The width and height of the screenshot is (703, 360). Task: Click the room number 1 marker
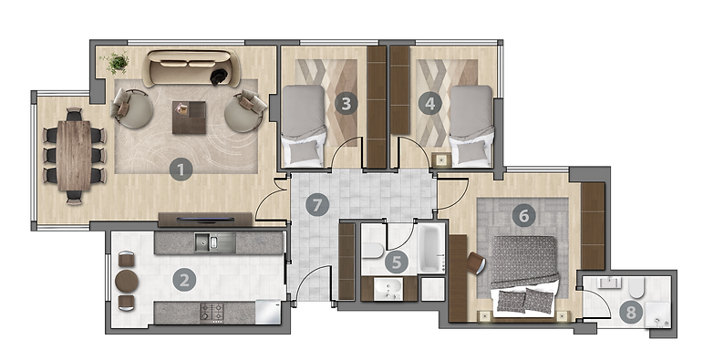click(x=181, y=170)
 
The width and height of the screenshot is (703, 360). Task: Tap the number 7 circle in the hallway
click(x=317, y=205)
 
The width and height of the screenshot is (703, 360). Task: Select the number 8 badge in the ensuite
click(x=631, y=313)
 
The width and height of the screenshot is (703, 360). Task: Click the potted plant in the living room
click(x=117, y=62)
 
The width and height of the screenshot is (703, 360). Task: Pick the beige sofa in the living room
click(x=191, y=67)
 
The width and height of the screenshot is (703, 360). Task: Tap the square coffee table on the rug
click(x=190, y=118)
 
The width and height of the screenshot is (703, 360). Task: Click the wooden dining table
click(x=74, y=156)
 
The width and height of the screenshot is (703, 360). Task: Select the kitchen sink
click(x=215, y=242)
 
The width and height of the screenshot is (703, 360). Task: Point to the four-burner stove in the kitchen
click(x=212, y=313)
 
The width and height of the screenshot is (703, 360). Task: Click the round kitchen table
click(x=127, y=282)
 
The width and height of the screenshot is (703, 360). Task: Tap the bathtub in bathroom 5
click(x=432, y=248)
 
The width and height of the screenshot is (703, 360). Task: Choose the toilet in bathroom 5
click(x=373, y=250)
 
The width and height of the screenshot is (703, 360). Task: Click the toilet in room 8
click(x=636, y=287)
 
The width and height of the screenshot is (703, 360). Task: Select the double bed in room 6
click(x=524, y=275)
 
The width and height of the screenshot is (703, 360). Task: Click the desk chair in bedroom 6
click(x=476, y=263)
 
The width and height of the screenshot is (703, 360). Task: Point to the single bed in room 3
click(x=304, y=126)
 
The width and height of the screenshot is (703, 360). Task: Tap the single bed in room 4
click(x=471, y=126)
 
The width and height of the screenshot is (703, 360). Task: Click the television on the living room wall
click(x=205, y=220)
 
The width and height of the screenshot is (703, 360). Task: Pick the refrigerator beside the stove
click(x=268, y=312)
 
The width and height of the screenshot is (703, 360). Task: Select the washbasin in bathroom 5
click(x=388, y=289)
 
